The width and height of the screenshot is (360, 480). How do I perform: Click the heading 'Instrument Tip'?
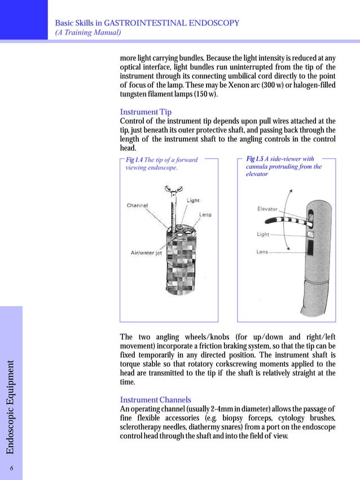point(146,112)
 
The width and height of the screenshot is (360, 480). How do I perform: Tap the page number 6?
point(11,468)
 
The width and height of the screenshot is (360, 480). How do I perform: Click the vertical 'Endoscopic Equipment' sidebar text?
point(11,409)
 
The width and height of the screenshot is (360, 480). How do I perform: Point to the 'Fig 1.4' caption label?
point(135,160)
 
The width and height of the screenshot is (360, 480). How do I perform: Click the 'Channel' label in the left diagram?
point(137,205)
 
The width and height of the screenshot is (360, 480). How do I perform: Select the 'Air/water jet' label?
point(147,253)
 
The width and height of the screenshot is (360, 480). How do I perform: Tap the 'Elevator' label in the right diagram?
point(267,209)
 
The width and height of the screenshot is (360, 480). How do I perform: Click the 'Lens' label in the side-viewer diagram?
point(262,252)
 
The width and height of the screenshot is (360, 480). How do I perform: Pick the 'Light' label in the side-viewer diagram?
point(263,234)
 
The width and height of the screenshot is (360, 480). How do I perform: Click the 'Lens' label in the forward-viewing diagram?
point(205,214)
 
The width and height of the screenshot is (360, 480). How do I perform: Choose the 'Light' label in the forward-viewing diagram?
point(193,201)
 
